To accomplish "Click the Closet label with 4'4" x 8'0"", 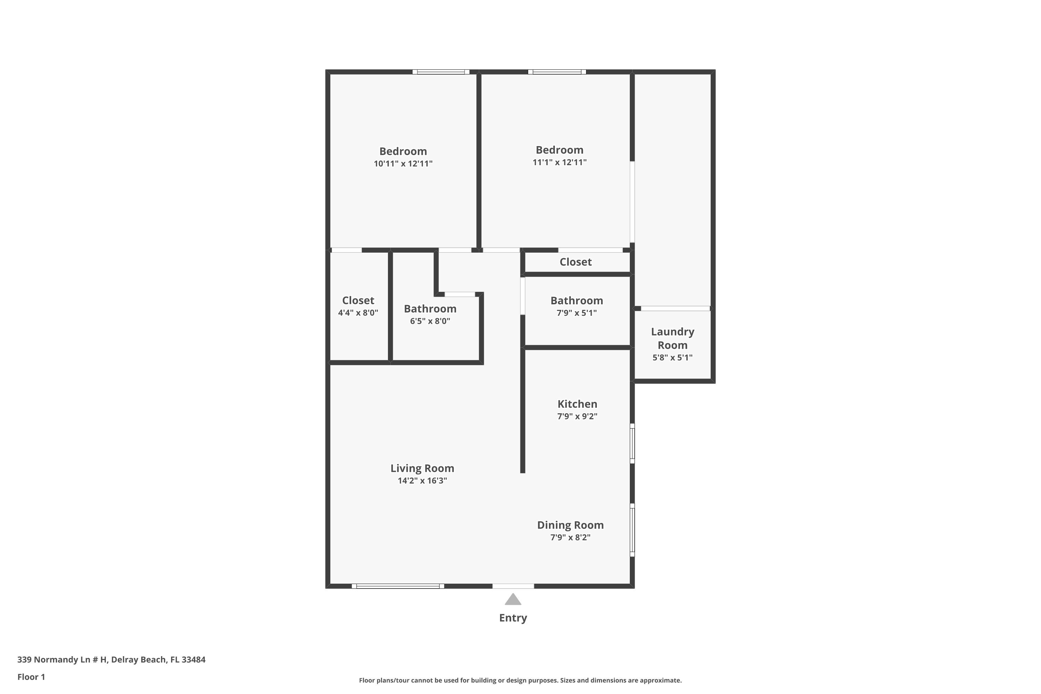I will (358, 300).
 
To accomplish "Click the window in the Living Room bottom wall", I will (398, 586).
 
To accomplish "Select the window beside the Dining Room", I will (633, 530).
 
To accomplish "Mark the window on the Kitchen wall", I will (633, 443).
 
